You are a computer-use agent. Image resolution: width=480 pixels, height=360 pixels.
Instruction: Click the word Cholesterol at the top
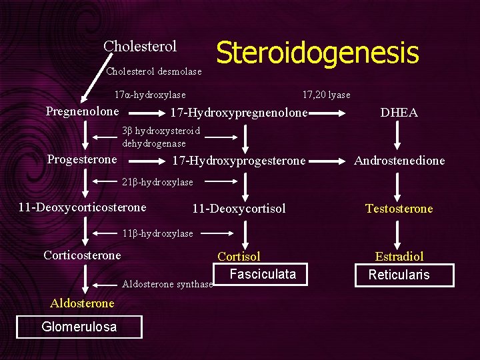tap(140, 47)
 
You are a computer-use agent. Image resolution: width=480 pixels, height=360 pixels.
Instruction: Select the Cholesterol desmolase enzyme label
tap(154, 71)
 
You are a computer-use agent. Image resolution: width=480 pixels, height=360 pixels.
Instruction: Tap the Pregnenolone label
tap(82, 111)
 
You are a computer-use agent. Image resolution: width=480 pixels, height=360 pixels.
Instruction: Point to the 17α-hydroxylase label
tap(150, 95)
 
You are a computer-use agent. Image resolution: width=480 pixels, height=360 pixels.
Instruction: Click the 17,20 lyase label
tap(326, 95)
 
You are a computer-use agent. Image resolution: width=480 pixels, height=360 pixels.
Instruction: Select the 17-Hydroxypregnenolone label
tap(239, 113)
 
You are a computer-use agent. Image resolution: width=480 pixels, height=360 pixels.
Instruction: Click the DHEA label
tap(399, 113)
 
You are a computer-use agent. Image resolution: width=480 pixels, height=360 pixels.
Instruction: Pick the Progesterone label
tap(82, 159)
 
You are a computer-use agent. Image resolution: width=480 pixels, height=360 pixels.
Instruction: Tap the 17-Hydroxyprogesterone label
tap(239, 161)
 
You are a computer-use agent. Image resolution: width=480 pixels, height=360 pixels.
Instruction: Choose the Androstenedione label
tap(399, 161)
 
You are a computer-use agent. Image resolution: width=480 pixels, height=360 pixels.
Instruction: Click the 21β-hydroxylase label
tap(157, 182)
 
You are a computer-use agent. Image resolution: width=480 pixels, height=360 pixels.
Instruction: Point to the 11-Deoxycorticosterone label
tap(82, 207)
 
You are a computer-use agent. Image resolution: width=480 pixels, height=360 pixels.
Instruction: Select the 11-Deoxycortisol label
tap(239, 209)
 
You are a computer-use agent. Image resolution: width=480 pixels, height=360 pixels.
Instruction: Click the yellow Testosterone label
tap(399, 209)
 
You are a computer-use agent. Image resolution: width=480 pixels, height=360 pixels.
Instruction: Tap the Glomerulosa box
tap(79, 327)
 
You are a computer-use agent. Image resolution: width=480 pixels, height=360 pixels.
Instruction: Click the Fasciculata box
tap(263, 274)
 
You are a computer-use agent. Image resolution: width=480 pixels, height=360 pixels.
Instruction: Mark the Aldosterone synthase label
tap(167, 285)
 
